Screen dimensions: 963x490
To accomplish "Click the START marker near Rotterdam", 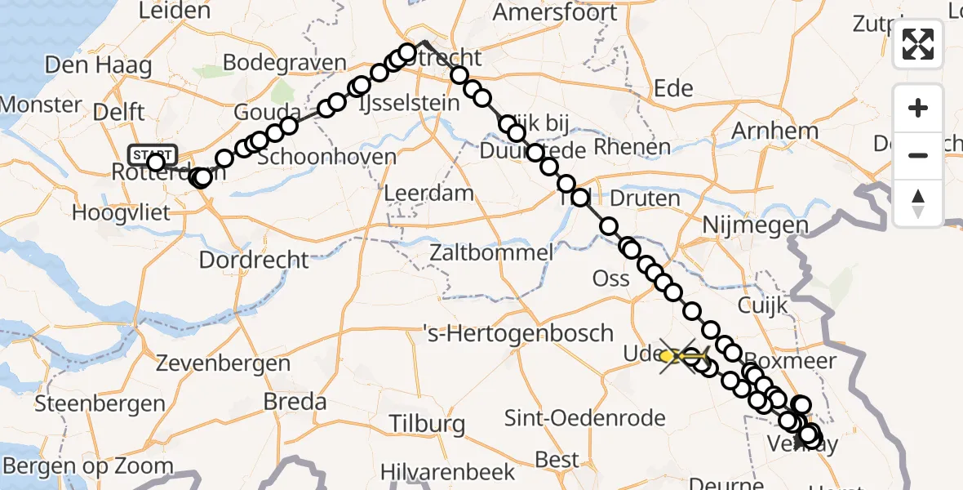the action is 152,154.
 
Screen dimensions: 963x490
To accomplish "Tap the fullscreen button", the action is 918,44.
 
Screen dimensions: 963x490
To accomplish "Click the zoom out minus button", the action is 918,155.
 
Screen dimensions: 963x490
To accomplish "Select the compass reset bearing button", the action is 918,203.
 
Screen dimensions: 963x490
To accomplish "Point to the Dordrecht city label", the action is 255,261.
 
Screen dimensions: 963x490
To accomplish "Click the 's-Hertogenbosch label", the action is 518,333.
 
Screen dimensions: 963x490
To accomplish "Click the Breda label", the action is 295,402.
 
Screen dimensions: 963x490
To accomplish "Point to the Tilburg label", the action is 427,424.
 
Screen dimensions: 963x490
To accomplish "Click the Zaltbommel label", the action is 495,253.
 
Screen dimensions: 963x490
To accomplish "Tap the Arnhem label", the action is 774,131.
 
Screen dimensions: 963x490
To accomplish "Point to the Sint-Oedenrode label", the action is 585,419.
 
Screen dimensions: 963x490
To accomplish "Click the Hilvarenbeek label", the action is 453,471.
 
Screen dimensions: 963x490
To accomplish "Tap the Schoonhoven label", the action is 329,157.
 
